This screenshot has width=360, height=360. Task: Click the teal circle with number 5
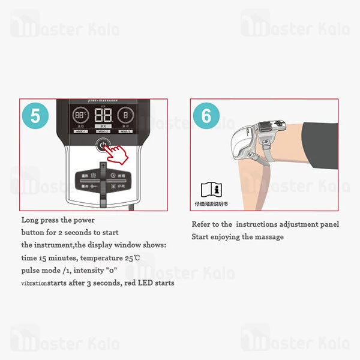[35, 116]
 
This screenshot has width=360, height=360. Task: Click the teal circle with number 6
[206, 116]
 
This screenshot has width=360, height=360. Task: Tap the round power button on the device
[103, 146]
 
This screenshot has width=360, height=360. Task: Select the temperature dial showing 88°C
[80, 116]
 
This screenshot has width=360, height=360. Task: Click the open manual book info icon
[210, 190]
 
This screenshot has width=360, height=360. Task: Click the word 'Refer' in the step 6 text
[202, 224]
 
